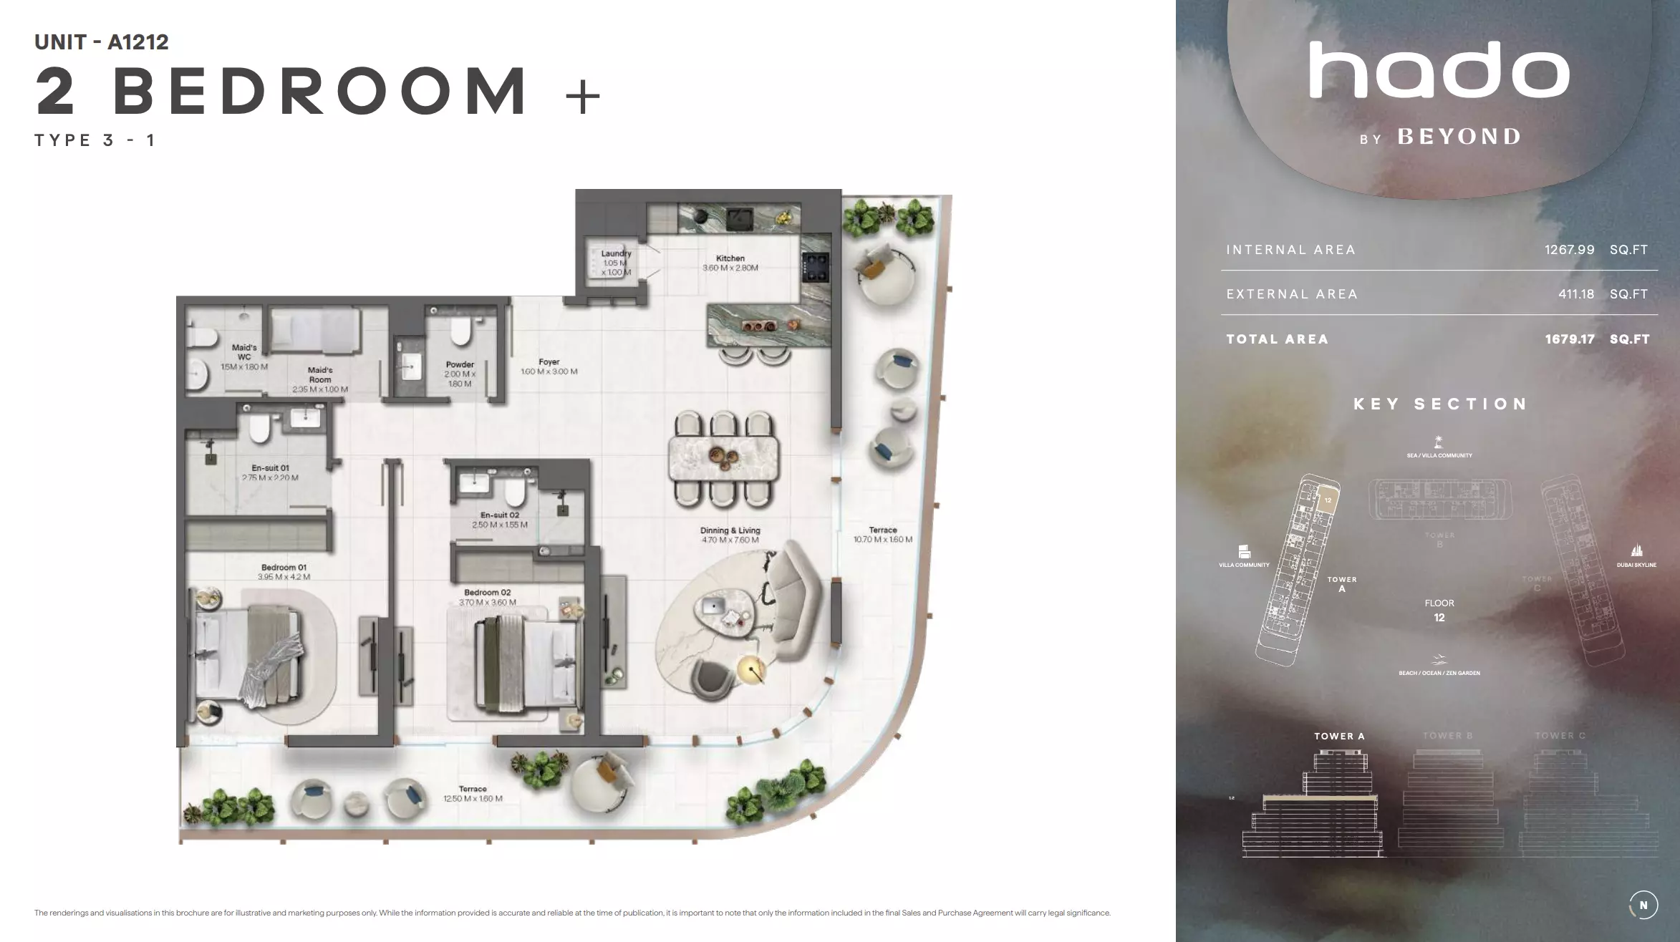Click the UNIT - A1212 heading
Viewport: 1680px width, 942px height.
click(x=102, y=42)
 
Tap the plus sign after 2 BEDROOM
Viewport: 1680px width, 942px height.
click(x=582, y=97)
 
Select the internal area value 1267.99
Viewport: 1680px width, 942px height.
click(x=1569, y=250)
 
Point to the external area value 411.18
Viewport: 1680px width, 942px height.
click(x=1575, y=294)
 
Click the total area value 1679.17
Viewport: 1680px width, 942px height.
click(x=1569, y=339)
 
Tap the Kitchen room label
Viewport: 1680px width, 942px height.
click(x=730, y=258)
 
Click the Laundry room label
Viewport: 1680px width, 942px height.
click(x=616, y=253)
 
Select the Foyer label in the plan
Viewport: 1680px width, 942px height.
click(x=549, y=362)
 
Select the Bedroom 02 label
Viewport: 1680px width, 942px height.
click(x=487, y=593)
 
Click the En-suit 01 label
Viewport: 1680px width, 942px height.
click(x=270, y=468)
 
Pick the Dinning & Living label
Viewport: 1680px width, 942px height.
click(x=730, y=531)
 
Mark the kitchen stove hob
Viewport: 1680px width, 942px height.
click(x=816, y=268)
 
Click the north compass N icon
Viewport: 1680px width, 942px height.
click(x=1643, y=905)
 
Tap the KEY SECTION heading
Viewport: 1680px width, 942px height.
click(x=1440, y=404)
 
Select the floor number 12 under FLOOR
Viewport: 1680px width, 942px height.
click(x=1439, y=618)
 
